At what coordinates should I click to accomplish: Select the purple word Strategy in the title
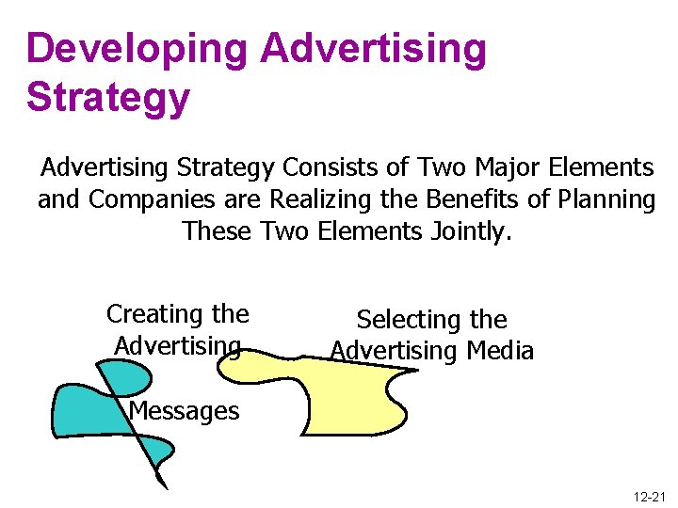108,97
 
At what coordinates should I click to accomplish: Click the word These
217,230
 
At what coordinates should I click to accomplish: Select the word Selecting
403,320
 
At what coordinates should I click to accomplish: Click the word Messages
185,411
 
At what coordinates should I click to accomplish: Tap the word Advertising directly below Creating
177,345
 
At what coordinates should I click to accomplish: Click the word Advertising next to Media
393,351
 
